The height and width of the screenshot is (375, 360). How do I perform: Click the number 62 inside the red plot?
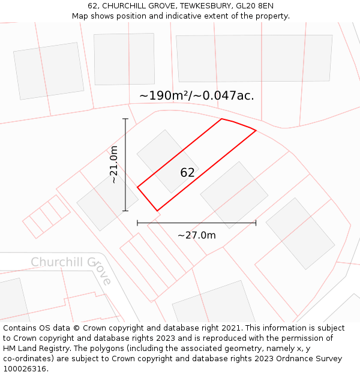187,173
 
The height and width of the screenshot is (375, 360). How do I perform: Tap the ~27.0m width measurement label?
196,235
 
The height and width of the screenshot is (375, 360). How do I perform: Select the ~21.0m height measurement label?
113,164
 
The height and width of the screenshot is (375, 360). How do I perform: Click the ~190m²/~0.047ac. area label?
196,96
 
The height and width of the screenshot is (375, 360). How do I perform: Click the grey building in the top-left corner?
49,71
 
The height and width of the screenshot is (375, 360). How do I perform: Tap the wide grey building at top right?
254,58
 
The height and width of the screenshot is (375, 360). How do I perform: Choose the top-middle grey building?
124,50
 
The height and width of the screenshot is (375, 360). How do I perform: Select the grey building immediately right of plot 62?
234,187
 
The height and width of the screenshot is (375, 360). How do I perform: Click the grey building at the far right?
300,225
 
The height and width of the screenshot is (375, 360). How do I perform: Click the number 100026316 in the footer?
25,368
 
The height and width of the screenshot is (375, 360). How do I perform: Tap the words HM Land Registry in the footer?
37,349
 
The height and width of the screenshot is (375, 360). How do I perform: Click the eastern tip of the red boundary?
256,130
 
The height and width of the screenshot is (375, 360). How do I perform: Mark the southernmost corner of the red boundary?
157,211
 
